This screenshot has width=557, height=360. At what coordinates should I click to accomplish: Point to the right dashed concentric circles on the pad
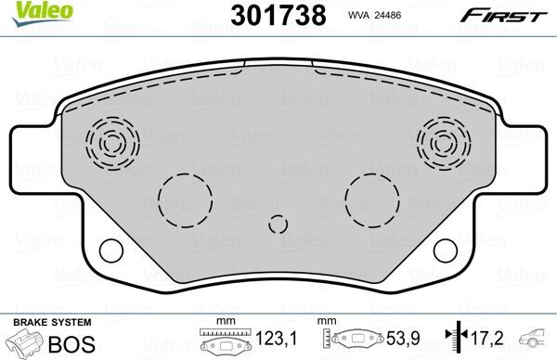[x=440, y=142]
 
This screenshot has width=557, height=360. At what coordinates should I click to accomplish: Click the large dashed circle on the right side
[x=369, y=196]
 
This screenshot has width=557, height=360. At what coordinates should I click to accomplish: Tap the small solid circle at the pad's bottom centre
[x=278, y=224]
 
